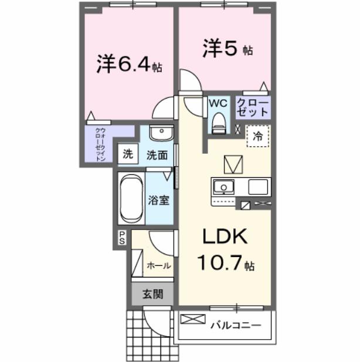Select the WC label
point(218,103)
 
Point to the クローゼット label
point(252,106)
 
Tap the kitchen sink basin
point(223,187)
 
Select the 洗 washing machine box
point(127,155)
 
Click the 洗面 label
point(157,155)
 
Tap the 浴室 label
point(159,199)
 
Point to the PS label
point(122,237)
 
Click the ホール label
point(158,265)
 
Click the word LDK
point(225,237)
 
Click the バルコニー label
point(235,322)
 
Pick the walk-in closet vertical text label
point(100,144)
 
